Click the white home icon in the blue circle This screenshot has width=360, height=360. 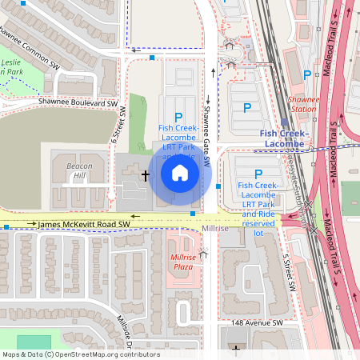(180, 172)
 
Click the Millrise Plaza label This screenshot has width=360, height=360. (182, 262)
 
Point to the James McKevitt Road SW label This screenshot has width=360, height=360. (83, 226)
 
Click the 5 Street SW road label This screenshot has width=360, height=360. (291, 273)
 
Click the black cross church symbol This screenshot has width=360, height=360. (146, 174)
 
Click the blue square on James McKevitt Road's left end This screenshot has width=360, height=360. (6, 227)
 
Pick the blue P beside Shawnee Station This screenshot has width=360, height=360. (307, 75)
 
